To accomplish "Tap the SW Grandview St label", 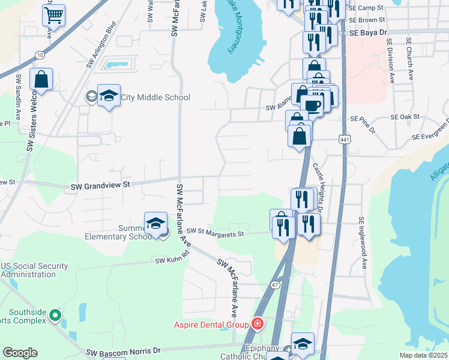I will coord(100,187).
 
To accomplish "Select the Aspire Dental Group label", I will coord(211,325).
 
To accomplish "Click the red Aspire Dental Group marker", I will coord(258,325).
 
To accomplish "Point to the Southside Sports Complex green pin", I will coord(55,314).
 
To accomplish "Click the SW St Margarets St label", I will coord(215,232).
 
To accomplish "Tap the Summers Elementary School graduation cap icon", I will coord(155,223).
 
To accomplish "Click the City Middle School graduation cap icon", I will coord(109,95).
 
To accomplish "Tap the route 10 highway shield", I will coord(39,55).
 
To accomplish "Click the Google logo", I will coord(20,353).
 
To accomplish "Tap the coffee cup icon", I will coord(313,106).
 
